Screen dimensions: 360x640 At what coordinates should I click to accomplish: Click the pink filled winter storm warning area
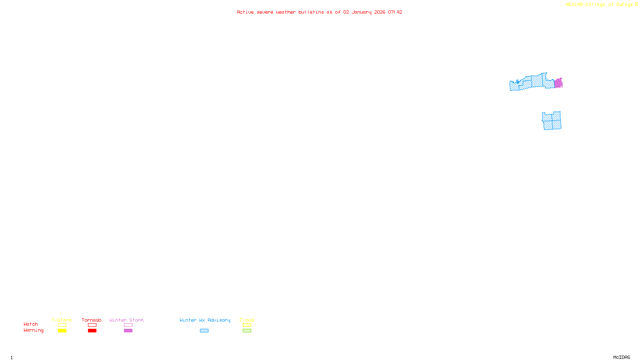click(x=558, y=83)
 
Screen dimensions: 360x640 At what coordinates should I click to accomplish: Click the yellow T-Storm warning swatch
click(x=62, y=331)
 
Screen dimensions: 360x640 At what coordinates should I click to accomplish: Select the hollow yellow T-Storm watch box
click(x=62, y=325)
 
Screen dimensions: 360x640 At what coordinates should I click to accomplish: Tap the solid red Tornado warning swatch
click(x=92, y=331)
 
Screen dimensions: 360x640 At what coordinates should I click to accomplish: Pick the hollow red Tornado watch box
click(x=92, y=325)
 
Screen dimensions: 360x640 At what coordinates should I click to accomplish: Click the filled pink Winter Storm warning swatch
click(x=128, y=331)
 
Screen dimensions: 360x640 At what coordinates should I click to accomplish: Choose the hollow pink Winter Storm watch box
click(x=128, y=325)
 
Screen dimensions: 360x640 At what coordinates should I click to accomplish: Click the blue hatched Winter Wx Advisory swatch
click(x=204, y=331)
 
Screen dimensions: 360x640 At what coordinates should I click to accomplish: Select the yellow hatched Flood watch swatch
click(x=247, y=325)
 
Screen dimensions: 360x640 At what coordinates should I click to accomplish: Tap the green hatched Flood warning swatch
click(x=247, y=331)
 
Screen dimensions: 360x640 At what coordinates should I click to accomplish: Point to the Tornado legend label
click(x=92, y=320)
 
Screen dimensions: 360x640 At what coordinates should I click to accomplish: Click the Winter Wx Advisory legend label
click(x=205, y=320)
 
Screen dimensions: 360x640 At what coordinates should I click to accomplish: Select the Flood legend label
click(x=247, y=320)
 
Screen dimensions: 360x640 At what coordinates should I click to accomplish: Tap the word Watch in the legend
click(x=31, y=324)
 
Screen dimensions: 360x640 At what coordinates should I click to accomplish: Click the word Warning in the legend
click(x=33, y=330)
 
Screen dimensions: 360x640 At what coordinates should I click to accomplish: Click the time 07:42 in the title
click(x=395, y=12)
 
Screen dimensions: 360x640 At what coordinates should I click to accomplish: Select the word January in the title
click(x=362, y=12)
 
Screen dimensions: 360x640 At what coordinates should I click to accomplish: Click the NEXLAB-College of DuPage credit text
click(x=599, y=5)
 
